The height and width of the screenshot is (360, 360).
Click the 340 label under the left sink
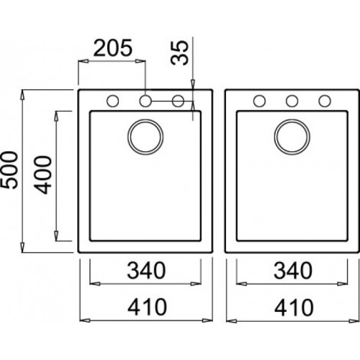click(145, 271)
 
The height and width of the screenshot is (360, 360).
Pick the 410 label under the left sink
click(145, 307)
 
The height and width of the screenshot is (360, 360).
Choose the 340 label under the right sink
click(292, 271)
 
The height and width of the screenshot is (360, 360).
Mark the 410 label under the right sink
click(292, 307)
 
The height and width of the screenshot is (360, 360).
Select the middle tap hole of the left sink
click(145, 101)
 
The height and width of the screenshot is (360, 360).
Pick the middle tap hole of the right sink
click(292, 101)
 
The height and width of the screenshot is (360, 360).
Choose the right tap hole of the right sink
click(325, 101)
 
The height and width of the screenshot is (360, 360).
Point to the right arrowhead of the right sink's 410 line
click(355, 319)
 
